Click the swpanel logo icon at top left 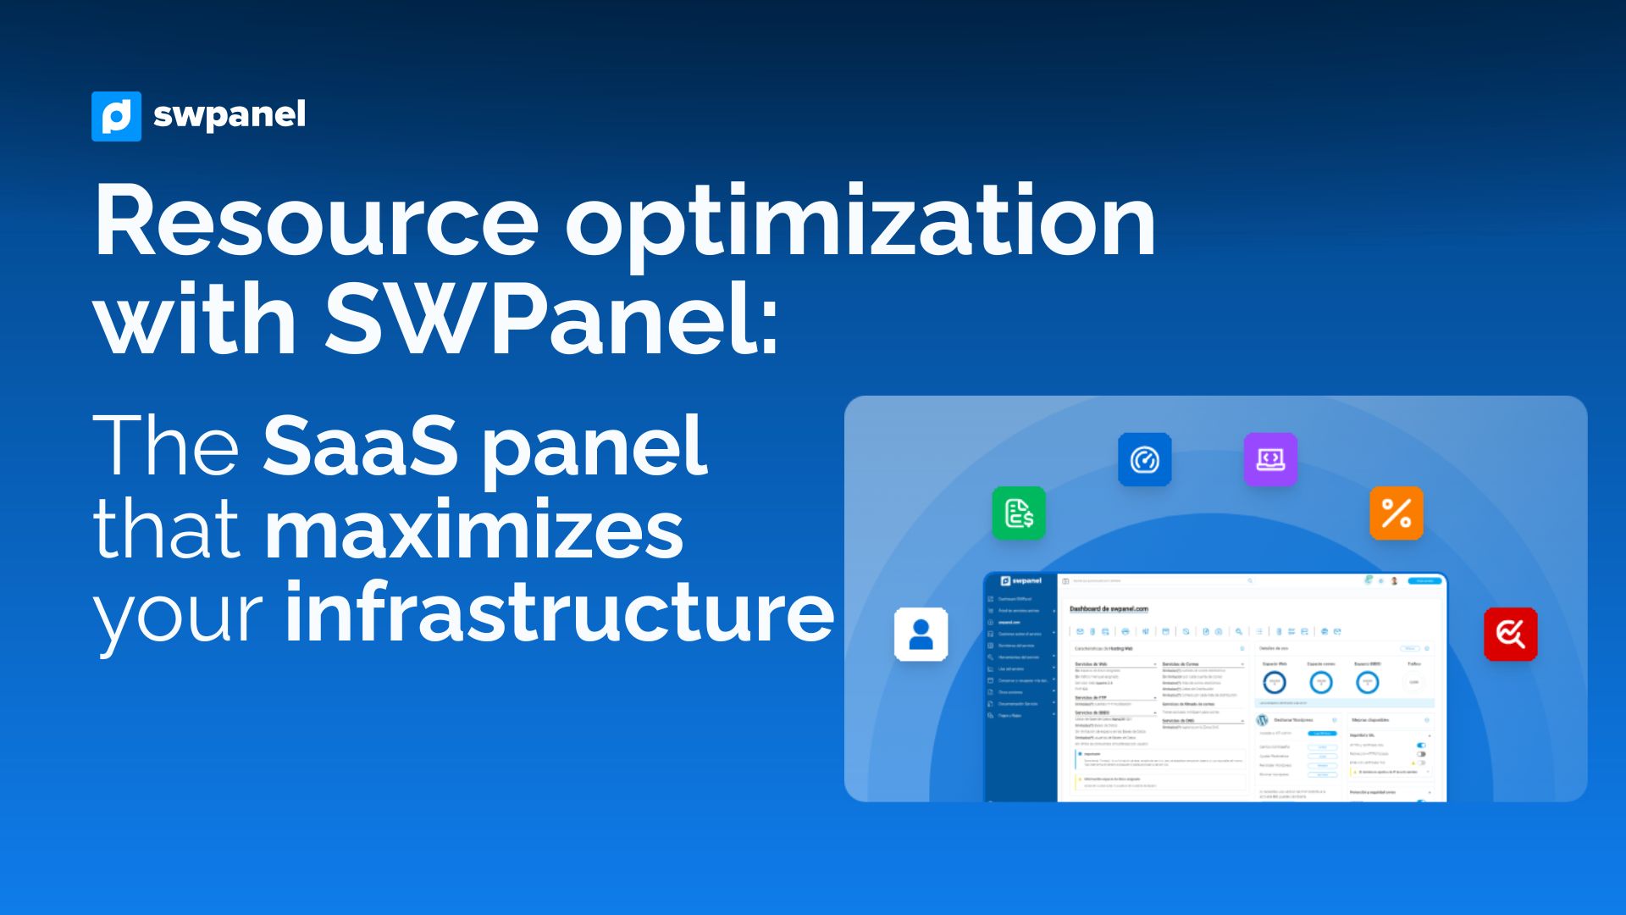click(x=116, y=116)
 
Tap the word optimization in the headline click(x=860, y=222)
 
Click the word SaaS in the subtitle click(x=360, y=446)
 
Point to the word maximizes click(x=473, y=531)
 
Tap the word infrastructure click(x=560, y=613)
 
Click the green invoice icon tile click(x=1019, y=513)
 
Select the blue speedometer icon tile click(x=1144, y=460)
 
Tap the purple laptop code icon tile click(x=1270, y=459)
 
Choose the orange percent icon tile click(x=1396, y=513)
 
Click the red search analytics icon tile click(x=1510, y=634)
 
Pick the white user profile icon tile click(x=921, y=635)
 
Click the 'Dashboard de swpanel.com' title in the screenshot click(x=1109, y=609)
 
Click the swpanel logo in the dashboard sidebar click(x=1020, y=581)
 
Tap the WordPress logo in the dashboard click(x=1262, y=720)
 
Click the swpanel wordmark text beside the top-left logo click(x=229, y=115)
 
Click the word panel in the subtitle click(x=594, y=446)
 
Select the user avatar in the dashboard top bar click(x=1394, y=581)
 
